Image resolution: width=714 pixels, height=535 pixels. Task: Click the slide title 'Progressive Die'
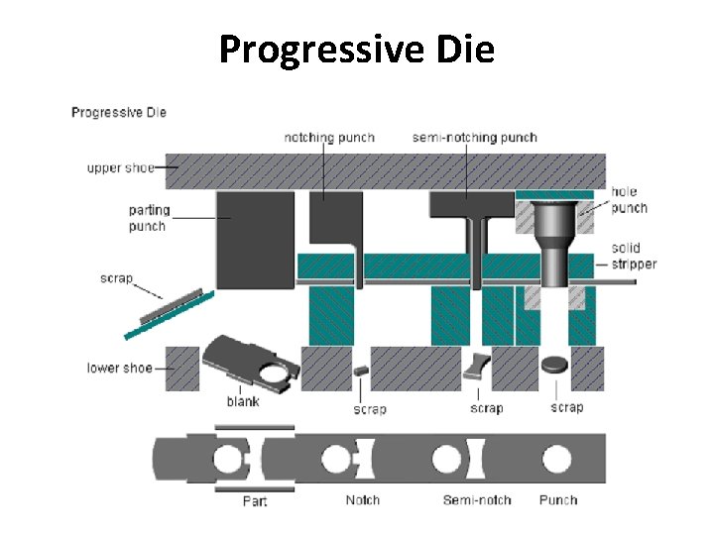[356, 48]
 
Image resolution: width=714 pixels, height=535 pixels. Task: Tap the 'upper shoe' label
[120, 168]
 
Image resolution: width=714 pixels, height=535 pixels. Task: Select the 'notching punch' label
[329, 138]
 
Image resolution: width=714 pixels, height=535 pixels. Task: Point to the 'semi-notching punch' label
[475, 138]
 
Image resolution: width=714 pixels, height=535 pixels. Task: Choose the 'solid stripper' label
[633, 256]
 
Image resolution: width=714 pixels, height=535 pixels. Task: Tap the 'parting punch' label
[149, 218]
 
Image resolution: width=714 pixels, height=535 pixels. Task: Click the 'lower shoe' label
[119, 369]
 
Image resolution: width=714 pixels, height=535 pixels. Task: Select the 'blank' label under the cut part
[243, 401]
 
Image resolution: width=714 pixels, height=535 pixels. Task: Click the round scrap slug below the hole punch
[555, 364]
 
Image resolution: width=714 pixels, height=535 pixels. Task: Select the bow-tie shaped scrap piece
[477, 367]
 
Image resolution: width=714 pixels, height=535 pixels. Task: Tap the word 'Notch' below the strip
[362, 500]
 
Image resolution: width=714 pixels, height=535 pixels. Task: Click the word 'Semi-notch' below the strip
[477, 500]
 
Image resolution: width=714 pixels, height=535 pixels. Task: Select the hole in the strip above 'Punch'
[556, 459]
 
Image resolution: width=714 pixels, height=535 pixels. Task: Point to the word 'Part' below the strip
[255, 501]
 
